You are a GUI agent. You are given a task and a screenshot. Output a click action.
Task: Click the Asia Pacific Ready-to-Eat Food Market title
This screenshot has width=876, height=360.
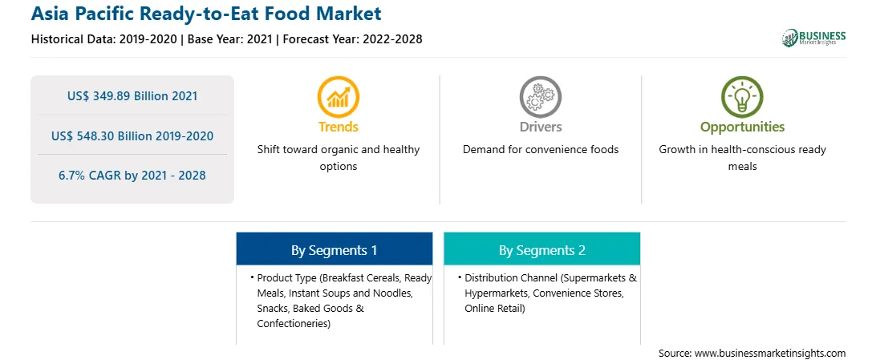point(206,13)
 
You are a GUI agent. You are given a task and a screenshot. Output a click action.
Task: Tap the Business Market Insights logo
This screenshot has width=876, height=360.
point(813,38)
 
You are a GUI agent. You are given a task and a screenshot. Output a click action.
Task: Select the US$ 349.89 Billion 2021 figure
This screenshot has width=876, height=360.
point(132,96)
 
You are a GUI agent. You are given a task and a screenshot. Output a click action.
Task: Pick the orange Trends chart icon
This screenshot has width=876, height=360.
point(338,97)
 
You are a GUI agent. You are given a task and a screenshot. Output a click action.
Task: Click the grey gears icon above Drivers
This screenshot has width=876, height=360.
point(540,97)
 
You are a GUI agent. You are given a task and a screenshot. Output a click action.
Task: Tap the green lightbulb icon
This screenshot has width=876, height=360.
point(742,97)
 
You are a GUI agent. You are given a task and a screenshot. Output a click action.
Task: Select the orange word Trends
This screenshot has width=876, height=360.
point(339,127)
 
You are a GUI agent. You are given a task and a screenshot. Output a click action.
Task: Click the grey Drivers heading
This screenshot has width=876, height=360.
point(540,127)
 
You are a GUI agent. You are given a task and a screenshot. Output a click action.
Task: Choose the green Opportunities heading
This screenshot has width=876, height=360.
point(743,127)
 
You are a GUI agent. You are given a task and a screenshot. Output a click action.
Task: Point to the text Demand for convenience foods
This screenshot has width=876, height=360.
point(540,150)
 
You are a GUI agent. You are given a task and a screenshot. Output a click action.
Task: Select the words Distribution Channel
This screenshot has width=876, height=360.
point(510,278)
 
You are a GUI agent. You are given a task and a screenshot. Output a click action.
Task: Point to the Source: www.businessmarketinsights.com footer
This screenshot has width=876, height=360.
point(752,353)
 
